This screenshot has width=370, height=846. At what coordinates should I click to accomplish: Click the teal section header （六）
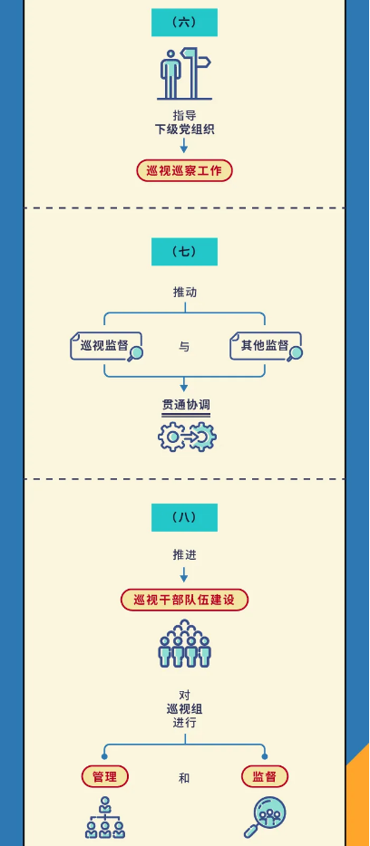pyautogui.click(x=184, y=23)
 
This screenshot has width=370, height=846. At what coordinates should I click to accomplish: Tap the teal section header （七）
pyautogui.click(x=184, y=252)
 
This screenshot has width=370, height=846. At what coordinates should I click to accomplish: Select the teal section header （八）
pyautogui.click(x=184, y=517)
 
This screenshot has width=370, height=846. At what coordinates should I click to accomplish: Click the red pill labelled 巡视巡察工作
pyautogui.click(x=184, y=170)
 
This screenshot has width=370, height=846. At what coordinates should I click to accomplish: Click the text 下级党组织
pyautogui.click(x=184, y=130)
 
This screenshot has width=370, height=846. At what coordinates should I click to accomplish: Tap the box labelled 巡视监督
pyautogui.click(x=106, y=346)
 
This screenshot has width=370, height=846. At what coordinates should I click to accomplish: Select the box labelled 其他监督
pyautogui.click(x=266, y=346)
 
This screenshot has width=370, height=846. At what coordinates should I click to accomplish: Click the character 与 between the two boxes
pyautogui.click(x=184, y=347)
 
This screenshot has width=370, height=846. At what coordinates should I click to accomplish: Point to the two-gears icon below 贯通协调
pyautogui.click(x=187, y=437)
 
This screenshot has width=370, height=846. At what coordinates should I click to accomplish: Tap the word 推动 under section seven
pyautogui.click(x=184, y=293)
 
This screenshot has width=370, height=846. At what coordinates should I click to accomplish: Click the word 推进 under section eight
pyautogui.click(x=184, y=554)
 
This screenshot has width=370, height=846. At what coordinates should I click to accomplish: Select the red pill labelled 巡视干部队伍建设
pyautogui.click(x=184, y=600)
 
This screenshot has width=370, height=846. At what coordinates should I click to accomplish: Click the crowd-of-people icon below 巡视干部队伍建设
pyautogui.click(x=184, y=644)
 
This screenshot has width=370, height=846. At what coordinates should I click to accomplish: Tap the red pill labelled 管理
pyautogui.click(x=105, y=777)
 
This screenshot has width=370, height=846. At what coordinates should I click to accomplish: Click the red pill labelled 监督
pyautogui.click(x=264, y=777)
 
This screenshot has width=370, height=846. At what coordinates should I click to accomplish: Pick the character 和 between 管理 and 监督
pyautogui.click(x=184, y=778)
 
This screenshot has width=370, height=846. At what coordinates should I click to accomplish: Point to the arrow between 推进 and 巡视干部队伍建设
pyautogui.click(x=184, y=574)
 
